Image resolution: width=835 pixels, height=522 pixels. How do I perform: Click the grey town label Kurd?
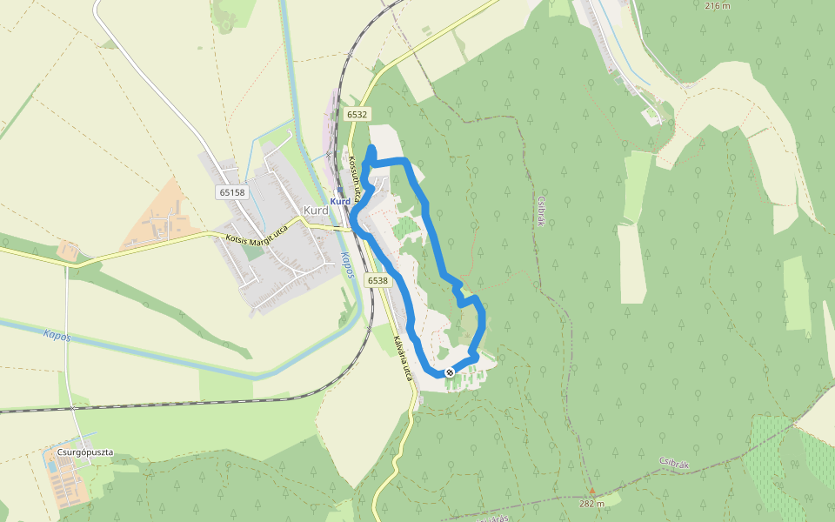point(315,211)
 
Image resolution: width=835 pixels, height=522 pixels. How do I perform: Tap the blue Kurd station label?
point(340,202)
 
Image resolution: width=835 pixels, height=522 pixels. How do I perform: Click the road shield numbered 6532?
point(357,114)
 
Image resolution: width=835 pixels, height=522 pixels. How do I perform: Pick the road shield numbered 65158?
point(232,192)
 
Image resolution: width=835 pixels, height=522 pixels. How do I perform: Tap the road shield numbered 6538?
point(377,280)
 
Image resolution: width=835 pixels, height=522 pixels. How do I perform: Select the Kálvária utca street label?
point(402,358)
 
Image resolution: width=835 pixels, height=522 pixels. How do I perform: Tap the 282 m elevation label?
point(591,503)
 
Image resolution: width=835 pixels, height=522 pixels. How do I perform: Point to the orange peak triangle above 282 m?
point(592,491)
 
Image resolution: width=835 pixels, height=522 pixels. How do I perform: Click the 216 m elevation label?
point(717,5)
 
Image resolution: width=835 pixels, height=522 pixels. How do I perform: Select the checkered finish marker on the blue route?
point(450,372)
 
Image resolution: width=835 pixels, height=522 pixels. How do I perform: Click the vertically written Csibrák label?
point(540,209)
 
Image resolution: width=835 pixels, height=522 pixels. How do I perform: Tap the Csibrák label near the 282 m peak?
point(673,464)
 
